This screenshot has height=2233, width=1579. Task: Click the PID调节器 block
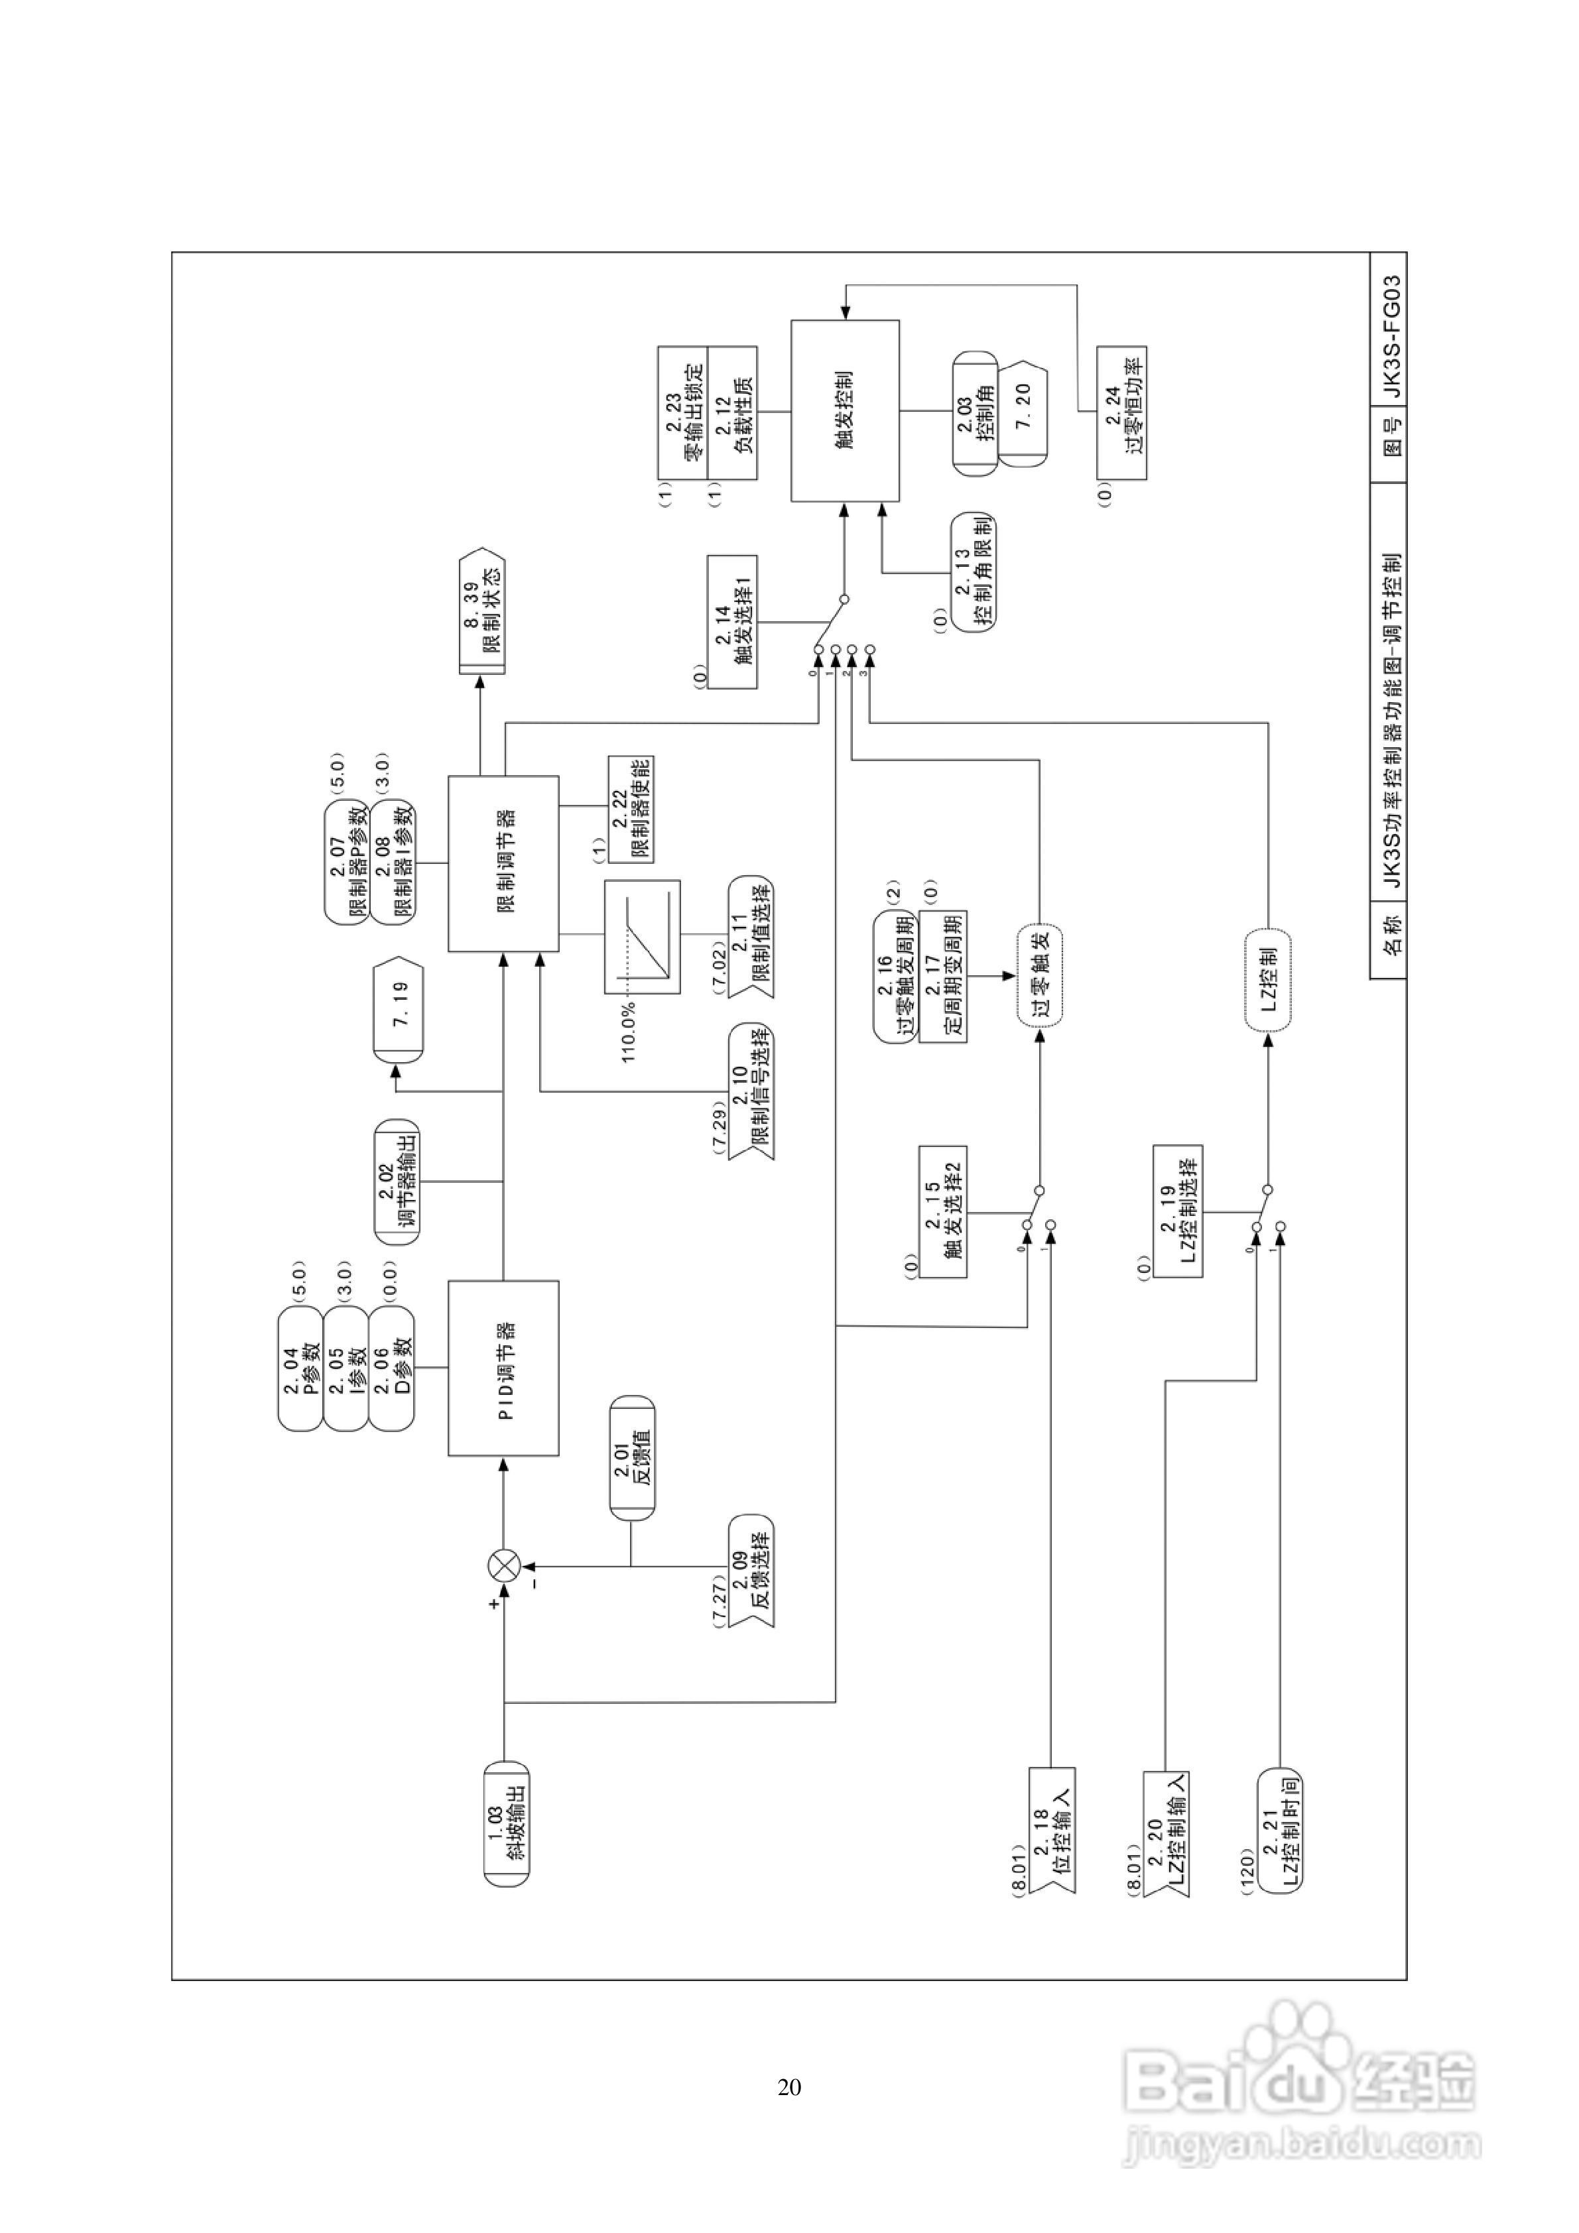tap(503, 1367)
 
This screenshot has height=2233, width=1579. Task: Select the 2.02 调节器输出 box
tap(398, 1181)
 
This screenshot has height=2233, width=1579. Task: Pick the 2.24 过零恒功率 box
tap(1121, 412)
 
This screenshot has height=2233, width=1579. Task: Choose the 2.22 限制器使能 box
tap(631, 809)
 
